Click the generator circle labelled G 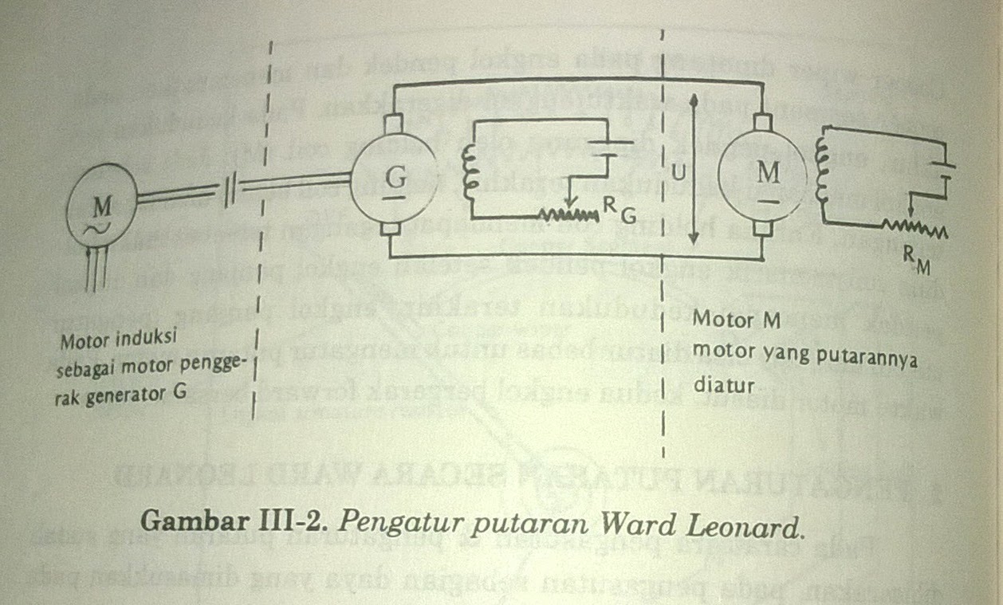395,179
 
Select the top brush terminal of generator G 393,124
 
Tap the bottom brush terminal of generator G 391,231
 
